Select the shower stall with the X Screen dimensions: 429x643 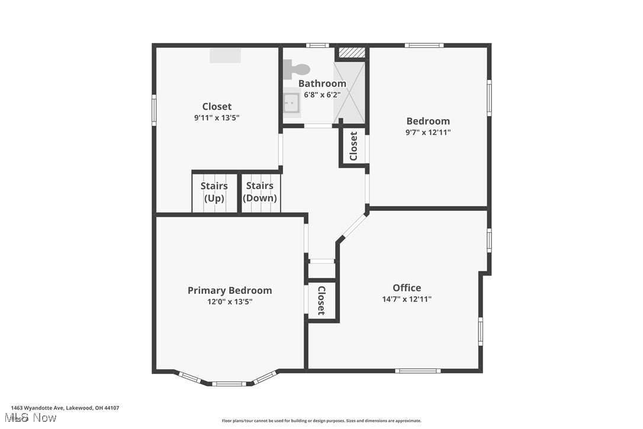[349, 92]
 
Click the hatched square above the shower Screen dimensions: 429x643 [352, 53]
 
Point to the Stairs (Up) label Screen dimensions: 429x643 [214, 192]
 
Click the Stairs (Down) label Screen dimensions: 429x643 [260, 192]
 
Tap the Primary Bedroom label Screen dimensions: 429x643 [230, 290]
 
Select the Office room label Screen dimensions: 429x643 [407, 288]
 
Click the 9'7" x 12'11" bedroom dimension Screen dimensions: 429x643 [428, 133]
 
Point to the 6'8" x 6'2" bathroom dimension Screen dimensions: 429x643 [322, 95]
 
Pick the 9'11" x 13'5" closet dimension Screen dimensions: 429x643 [217, 118]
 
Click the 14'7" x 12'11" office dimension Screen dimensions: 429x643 [407, 299]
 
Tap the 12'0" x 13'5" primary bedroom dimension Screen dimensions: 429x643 [230, 302]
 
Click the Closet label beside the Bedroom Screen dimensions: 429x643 [353, 146]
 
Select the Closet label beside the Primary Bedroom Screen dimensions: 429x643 [321, 300]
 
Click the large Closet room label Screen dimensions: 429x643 [217, 107]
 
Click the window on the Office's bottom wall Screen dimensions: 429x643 [418, 371]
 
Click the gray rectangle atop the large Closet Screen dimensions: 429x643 [226, 55]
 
